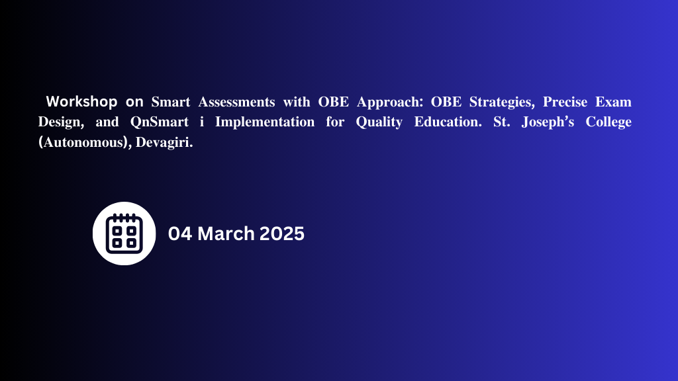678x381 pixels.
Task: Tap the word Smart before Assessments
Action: pyautogui.click(x=171, y=102)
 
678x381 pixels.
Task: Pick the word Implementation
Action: pyautogui.click(x=265, y=122)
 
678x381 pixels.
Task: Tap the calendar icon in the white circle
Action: pyautogui.click(x=124, y=233)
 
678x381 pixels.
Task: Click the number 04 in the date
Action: pyautogui.click(x=180, y=233)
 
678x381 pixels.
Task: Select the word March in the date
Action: pyautogui.click(x=226, y=233)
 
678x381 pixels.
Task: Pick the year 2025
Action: pyautogui.click(x=282, y=233)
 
